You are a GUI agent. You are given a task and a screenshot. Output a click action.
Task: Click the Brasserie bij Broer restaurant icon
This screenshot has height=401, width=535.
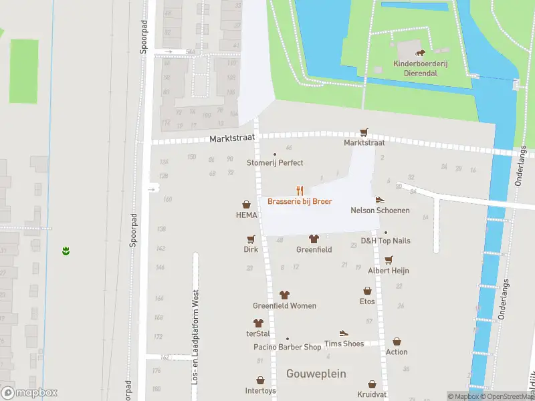pyautogui.click(x=300, y=190)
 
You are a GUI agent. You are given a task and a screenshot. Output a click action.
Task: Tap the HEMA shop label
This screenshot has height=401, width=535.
pyautogui.click(x=246, y=215)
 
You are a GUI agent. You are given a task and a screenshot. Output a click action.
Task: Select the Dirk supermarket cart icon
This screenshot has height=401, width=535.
pyautogui.click(x=251, y=239)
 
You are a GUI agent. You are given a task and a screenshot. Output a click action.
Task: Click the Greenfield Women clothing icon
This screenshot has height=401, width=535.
pyautogui.click(x=284, y=295)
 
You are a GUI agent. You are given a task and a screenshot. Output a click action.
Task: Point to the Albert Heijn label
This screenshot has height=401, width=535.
pyautogui.click(x=388, y=271)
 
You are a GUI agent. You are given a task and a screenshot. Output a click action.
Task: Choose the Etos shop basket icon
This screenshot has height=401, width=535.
pyautogui.click(x=367, y=291)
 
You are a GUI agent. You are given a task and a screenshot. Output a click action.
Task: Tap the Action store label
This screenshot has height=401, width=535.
pyautogui.click(x=397, y=352)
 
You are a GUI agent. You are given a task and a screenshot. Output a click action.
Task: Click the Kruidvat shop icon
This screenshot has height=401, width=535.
pyautogui.click(x=372, y=385)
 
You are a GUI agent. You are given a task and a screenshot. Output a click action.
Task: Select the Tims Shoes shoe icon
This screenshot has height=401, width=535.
pyautogui.click(x=344, y=333)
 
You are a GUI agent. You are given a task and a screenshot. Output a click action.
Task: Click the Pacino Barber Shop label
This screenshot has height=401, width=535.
pyautogui.click(x=287, y=347)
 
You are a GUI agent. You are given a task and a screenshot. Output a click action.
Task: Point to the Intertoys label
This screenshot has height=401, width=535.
pyautogui.click(x=260, y=390)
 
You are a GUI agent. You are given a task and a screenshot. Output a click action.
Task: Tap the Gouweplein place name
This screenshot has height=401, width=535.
pyautogui.click(x=316, y=374)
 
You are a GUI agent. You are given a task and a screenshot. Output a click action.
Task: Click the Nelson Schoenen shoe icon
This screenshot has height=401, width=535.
pyautogui.click(x=380, y=199)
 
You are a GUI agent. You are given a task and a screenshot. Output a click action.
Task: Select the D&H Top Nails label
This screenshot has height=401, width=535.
pyautogui.click(x=386, y=241)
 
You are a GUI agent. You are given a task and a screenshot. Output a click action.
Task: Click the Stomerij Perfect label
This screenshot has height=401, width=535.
pyautogui.click(x=275, y=162)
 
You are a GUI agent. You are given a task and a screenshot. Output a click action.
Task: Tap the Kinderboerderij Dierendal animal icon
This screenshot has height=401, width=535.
pyautogui.click(x=419, y=53)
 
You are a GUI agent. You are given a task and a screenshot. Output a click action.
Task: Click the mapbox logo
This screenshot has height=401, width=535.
pyautogui.click(x=29, y=393)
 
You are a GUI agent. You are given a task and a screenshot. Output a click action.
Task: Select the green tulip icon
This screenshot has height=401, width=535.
pyautogui.click(x=66, y=251)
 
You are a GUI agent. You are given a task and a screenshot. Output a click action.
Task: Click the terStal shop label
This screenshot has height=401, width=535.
pyautogui.click(x=257, y=333)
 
